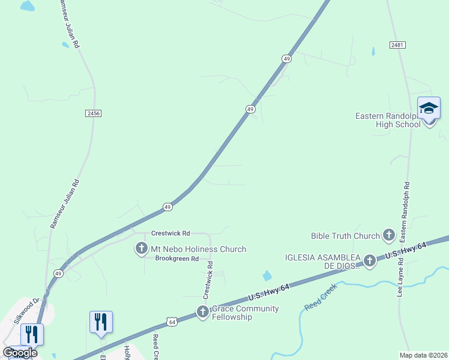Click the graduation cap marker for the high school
429,109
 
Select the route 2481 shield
397,45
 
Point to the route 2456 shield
93,113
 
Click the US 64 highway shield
172,322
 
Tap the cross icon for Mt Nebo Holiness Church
142,248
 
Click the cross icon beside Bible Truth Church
388,236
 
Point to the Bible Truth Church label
345,236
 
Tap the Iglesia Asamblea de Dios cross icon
370,260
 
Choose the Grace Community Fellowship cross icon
203,312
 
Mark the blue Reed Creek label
321,297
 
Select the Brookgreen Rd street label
176,259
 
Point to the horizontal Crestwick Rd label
170,233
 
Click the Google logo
20,353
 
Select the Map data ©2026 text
423,355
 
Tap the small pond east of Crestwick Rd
267,276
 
